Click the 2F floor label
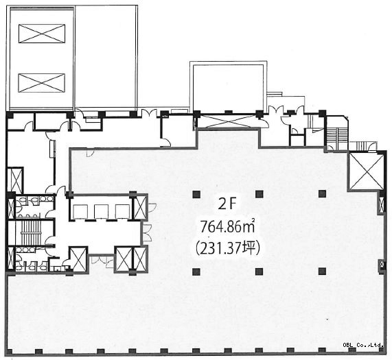pos(227,205)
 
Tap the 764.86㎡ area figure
pos(228,227)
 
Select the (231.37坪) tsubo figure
pos(228,248)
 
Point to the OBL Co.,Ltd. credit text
pos(363,345)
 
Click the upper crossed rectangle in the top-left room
pos(42,34)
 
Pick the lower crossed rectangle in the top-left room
pos(42,83)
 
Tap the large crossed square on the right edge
pos(366,171)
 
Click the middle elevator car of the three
pos(101,212)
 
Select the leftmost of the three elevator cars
pos(80,212)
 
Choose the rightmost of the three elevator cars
pos(122,212)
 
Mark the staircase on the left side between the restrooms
pos(31,232)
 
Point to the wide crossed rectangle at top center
pos(228,121)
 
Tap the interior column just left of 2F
pos(196,194)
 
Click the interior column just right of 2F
pos(260,194)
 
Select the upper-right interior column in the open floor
pos(323,193)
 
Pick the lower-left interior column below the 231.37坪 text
pos(196,272)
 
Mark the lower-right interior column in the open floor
pos(323,271)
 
